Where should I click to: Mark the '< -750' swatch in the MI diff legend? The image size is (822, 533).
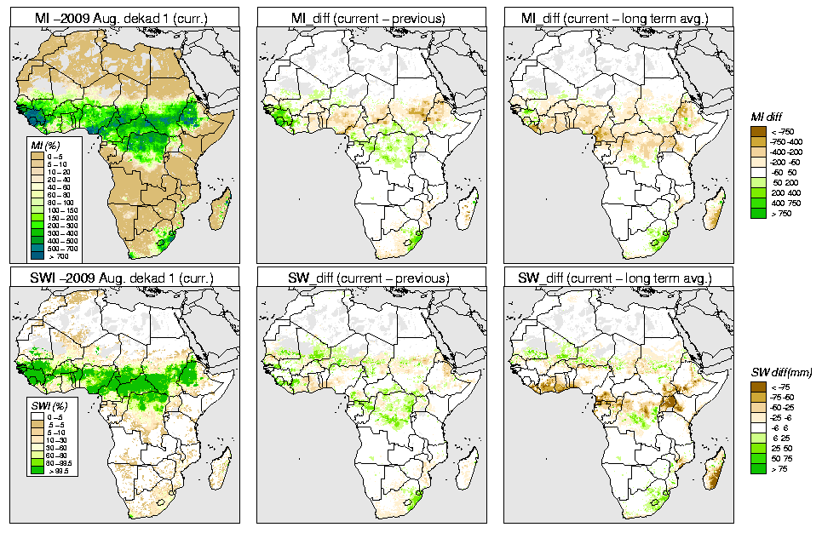758,130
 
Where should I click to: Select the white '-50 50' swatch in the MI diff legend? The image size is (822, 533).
758,173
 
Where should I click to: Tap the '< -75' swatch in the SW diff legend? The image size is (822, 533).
758,387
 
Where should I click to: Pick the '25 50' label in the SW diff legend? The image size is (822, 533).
782,448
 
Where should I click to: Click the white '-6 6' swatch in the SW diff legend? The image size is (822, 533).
758,427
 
